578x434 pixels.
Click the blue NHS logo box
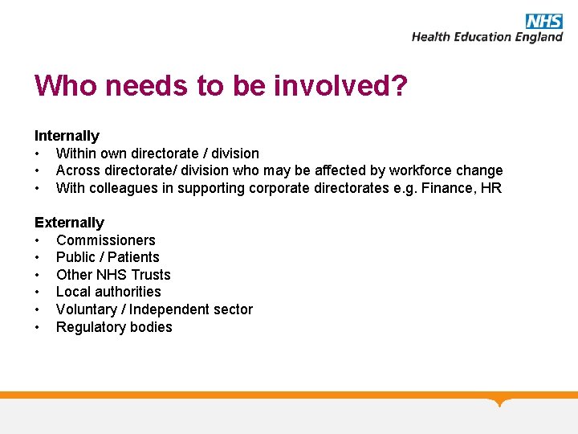click(543, 21)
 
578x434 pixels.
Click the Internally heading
click(67, 136)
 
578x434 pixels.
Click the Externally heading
click(69, 223)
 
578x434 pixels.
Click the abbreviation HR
click(491, 188)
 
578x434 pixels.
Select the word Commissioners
click(106, 240)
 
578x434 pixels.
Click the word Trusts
click(151, 275)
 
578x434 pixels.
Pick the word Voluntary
click(87, 309)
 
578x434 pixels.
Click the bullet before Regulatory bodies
click(38, 328)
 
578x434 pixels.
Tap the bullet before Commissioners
click(38, 241)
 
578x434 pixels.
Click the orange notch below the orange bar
click(500, 402)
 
